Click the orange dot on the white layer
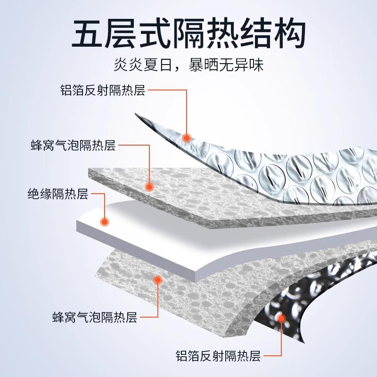(105, 220)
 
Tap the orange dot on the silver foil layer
(187, 138)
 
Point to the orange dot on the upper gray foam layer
(149, 187)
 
